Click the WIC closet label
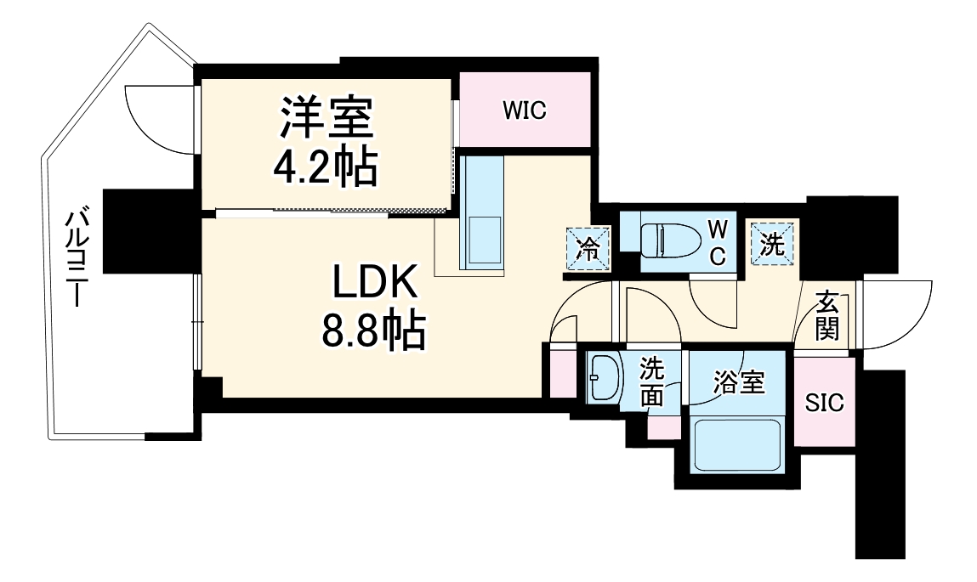pos(523,110)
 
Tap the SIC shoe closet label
pos(824,403)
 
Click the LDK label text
pos(372,285)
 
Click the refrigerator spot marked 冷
pos(588,249)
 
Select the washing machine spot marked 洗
pos(771,244)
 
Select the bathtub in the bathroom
pos(736,446)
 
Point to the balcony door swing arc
pos(157,119)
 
